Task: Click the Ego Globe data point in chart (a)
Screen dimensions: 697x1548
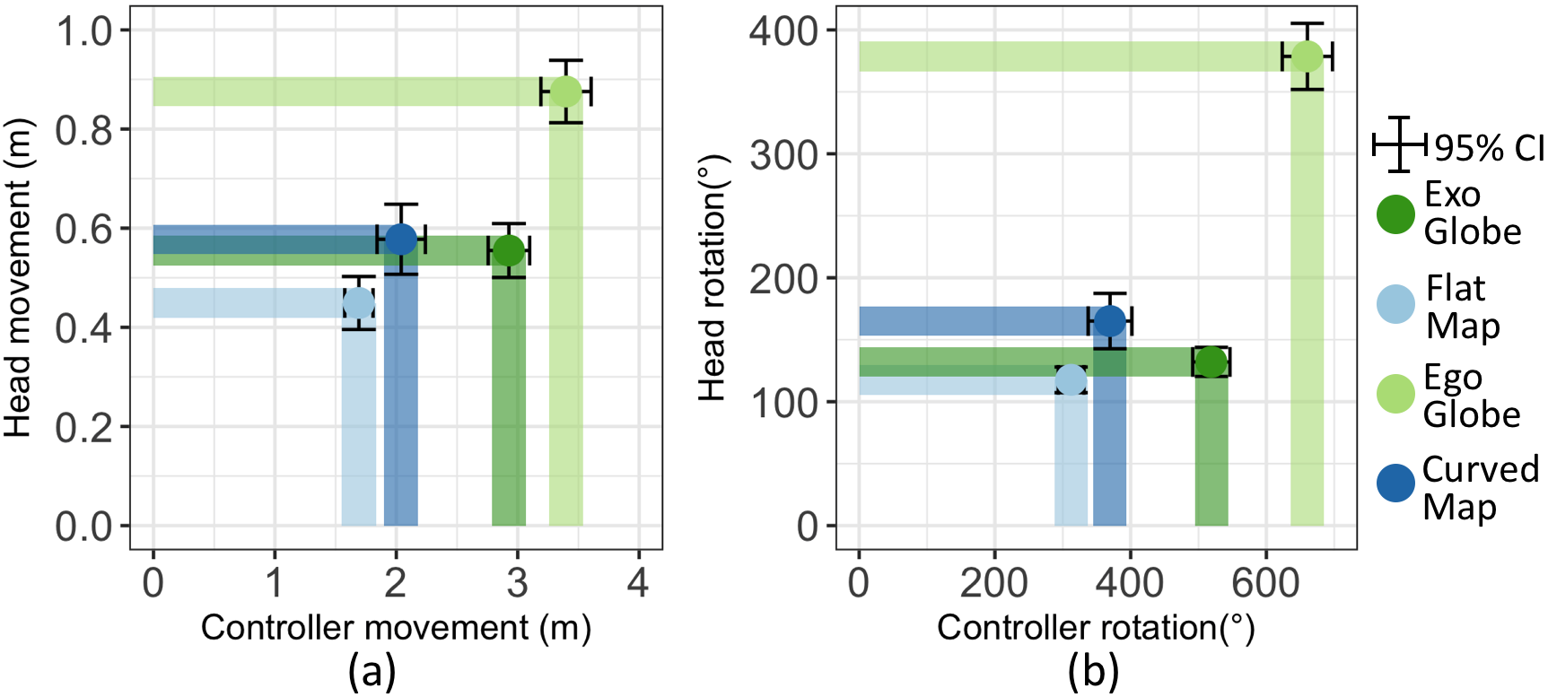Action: point(565,91)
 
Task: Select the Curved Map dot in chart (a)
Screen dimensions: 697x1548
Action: point(400,240)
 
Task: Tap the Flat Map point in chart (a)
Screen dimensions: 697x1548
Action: point(358,303)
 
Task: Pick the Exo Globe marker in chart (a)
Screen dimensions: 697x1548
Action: point(509,250)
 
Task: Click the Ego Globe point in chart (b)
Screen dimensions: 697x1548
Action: point(1307,57)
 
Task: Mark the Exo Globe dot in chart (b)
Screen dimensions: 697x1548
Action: point(1211,362)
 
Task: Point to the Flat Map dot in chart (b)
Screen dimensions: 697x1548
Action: point(1071,379)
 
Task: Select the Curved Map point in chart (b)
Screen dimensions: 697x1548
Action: point(1110,321)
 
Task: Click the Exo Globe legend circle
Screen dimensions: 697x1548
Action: point(1395,214)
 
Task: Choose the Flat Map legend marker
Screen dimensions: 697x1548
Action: point(1395,304)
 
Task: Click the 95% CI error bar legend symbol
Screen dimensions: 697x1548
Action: point(1399,144)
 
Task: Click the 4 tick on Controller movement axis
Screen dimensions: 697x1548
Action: point(637,583)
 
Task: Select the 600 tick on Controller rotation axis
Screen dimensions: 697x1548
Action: point(1265,583)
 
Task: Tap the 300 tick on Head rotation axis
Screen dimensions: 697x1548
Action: point(783,154)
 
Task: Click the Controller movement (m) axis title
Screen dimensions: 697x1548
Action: point(396,628)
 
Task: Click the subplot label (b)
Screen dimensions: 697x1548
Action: point(1093,671)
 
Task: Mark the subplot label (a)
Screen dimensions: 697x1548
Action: point(372,671)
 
